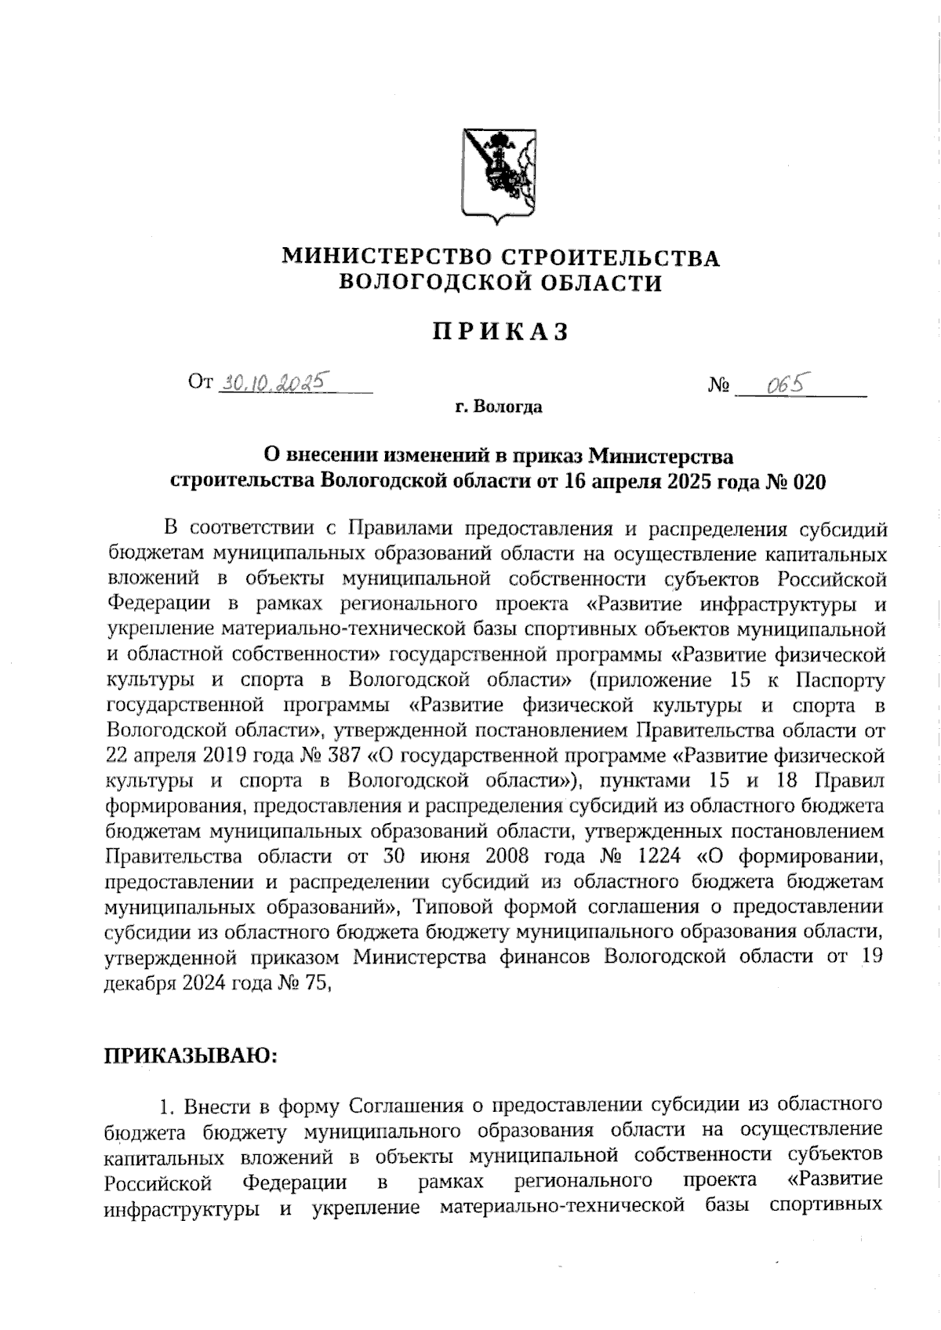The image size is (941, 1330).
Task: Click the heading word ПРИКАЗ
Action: (500, 333)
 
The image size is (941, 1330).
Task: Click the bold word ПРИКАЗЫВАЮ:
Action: (191, 1055)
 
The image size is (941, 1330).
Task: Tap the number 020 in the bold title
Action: (809, 481)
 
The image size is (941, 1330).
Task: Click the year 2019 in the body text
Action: (195, 756)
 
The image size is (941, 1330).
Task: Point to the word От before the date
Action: (200, 383)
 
